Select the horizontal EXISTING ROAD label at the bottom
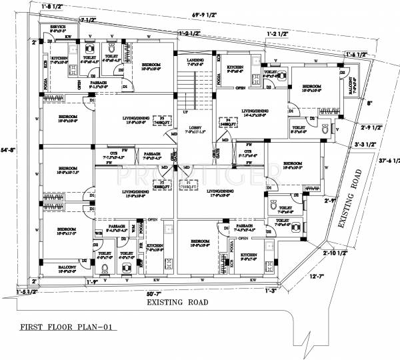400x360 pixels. (177, 302)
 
